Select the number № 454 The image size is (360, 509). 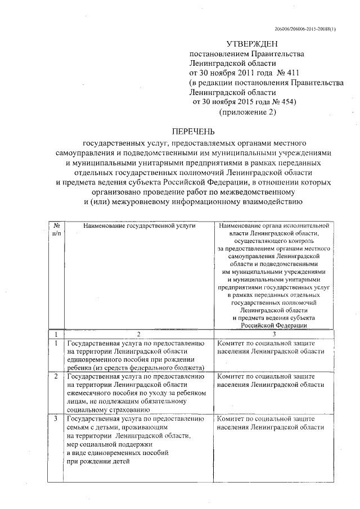click(x=284, y=102)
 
